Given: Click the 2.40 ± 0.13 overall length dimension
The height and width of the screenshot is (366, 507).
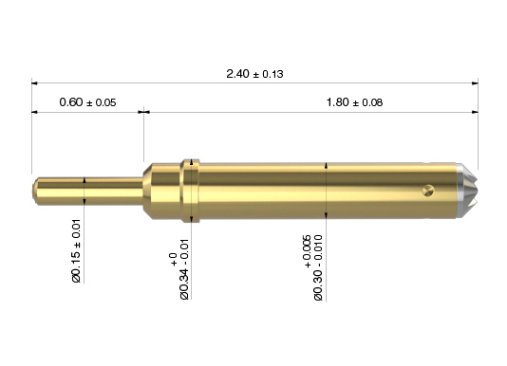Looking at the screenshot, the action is coord(254,74).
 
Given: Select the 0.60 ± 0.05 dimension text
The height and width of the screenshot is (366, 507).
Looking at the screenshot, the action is coord(87,102).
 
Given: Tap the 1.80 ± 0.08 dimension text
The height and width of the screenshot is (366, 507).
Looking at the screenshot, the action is coord(354,102).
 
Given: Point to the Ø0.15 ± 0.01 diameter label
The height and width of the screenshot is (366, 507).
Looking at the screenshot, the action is coord(76,250).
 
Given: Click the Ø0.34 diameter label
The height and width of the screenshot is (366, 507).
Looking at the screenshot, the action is coord(184,269).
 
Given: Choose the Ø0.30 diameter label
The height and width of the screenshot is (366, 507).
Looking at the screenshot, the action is coord(318,268).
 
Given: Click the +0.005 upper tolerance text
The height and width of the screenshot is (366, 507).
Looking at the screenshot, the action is coord(307,251).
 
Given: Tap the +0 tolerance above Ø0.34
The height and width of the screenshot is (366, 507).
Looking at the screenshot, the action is coord(174,260).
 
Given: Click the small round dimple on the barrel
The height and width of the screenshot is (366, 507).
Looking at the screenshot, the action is coord(428,191).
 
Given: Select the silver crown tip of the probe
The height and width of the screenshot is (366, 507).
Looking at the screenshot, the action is coord(467,191).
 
